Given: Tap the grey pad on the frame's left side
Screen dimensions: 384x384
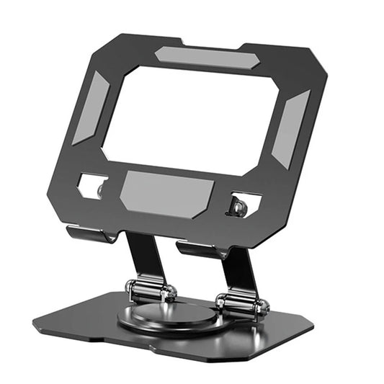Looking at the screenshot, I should click(90, 108).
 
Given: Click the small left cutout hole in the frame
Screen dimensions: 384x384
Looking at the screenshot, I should click(93, 186).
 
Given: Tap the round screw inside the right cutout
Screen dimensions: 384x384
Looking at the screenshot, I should click(239, 207).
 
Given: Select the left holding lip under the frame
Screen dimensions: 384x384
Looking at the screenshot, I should click(90, 233).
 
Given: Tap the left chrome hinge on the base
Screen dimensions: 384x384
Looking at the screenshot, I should click(151, 290).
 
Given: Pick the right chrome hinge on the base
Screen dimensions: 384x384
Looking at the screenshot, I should click(241, 304).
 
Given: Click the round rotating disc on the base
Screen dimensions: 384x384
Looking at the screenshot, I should click(166, 317).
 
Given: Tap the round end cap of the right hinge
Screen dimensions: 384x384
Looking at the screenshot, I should click(264, 308).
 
